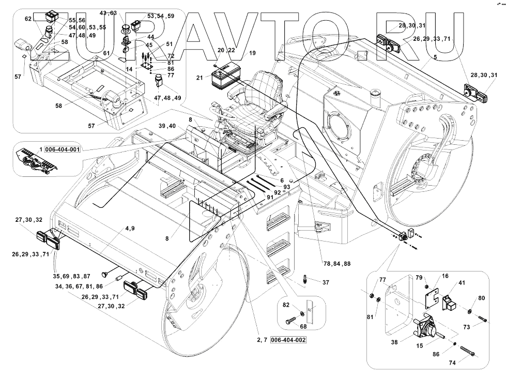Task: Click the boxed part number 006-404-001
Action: tap(63, 149)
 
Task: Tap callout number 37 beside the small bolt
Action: tap(326, 282)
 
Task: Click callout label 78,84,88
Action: tap(336, 264)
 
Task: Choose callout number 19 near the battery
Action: tap(252, 53)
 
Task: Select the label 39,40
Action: tap(167, 126)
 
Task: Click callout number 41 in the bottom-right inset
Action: tap(462, 283)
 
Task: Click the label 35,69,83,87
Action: tap(72, 277)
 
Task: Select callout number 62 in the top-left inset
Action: tap(28, 19)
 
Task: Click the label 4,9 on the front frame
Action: tap(130, 228)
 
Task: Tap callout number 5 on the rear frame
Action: tap(436, 58)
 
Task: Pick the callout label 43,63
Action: tap(108, 12)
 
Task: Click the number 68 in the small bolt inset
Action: tap(303, 326)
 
